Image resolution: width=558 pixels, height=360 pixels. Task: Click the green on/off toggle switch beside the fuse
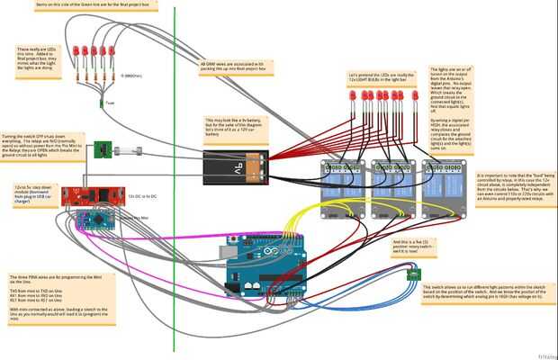pos(104,148)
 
